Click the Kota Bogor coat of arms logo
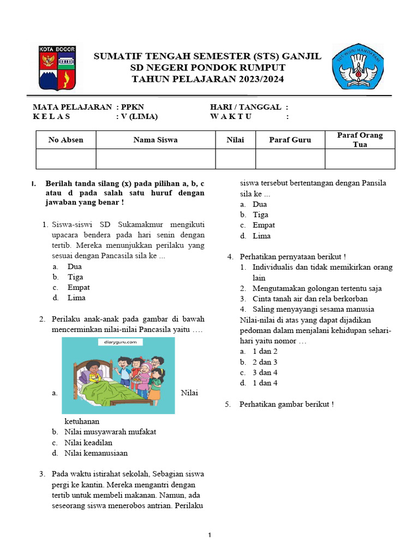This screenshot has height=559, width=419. (57, 68)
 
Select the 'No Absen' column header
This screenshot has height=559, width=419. (65, 140)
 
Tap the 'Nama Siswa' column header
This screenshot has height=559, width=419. (155, 140)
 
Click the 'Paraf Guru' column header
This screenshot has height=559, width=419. (290, 140)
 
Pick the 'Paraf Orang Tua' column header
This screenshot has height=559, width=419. (360, 140)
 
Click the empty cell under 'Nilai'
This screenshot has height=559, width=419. (235, 159)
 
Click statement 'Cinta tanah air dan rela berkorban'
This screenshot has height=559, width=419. (310, 299)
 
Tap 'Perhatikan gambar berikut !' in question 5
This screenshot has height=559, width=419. (286, 404)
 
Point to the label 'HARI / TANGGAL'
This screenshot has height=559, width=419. (246, 107)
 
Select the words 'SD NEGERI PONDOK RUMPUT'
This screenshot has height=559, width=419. (207, 68)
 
